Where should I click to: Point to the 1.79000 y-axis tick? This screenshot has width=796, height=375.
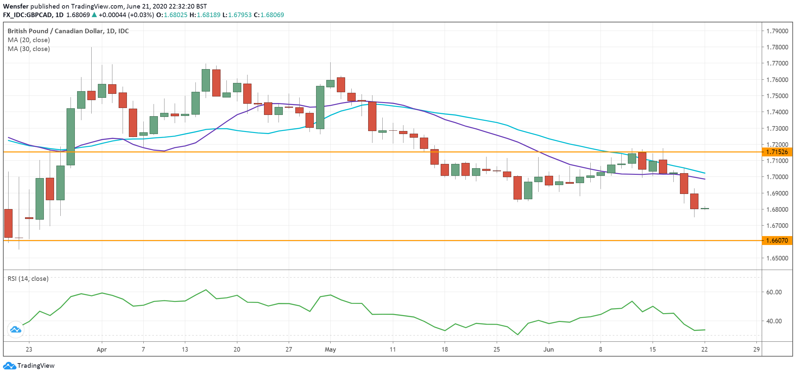point(777,31)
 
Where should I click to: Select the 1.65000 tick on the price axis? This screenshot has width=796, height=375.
point(777,258)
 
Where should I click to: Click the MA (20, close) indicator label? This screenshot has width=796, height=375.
point(29,40)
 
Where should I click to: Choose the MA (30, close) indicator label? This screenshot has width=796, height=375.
point(29,49)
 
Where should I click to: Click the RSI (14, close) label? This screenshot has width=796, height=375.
point(28,279)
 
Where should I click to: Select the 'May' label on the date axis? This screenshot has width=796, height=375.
point(330,349)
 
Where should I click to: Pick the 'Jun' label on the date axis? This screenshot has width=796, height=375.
point(548,349)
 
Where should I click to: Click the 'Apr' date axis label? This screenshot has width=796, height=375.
point(102,349)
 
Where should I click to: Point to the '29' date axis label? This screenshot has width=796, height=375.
point(756,349)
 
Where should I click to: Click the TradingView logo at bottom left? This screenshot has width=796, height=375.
point(29,365)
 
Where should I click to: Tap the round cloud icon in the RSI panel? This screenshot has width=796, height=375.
point(15,329)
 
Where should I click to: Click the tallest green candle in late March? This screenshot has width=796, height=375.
point(71,137)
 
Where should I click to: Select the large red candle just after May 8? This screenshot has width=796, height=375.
point(372,116)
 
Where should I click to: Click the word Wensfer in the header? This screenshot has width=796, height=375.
point(15,6)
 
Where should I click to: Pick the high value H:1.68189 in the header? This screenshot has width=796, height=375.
point(205,15)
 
